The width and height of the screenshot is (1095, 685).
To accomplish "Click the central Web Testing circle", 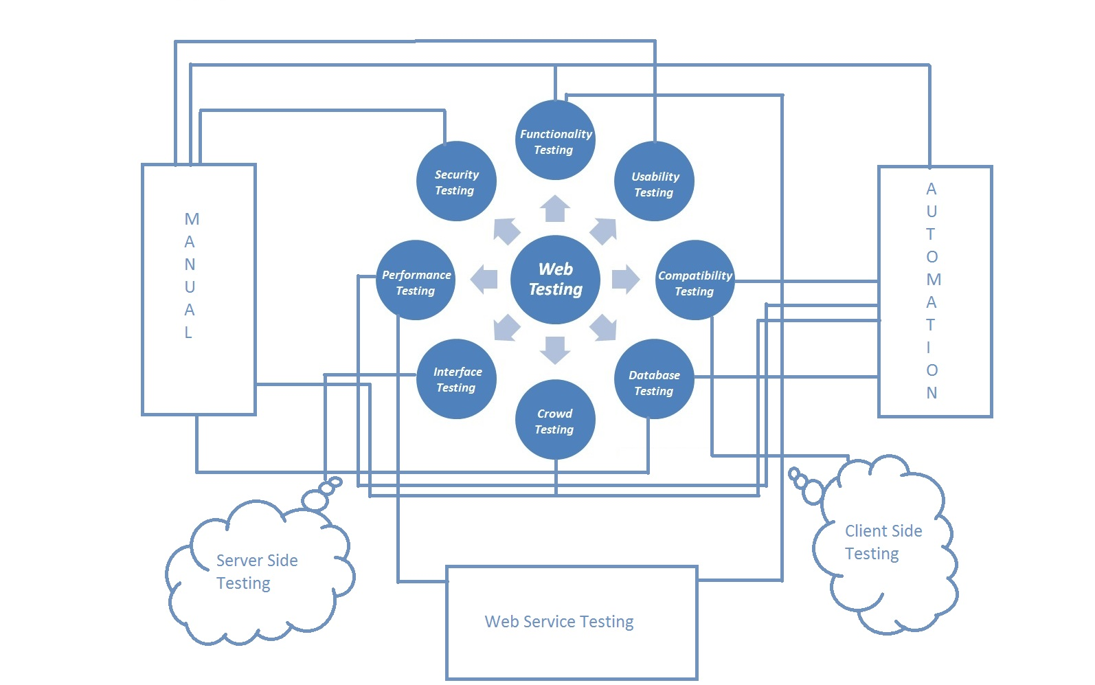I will click(555, 280).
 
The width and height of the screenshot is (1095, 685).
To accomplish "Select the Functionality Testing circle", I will click(555, 141).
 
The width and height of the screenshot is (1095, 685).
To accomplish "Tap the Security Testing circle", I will click(456, 182).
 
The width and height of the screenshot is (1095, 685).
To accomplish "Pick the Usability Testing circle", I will click(654, 183).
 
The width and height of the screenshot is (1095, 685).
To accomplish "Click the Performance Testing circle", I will click(416, 281).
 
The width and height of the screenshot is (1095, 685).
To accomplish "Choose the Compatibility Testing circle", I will click(695, 281).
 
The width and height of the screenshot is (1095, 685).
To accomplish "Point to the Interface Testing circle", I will click(456, 379).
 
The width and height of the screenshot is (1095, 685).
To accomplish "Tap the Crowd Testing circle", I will click(555, 420).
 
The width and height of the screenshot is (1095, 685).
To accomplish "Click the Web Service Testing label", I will click(559, 622).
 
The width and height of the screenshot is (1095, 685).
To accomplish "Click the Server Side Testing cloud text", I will click(256, 572).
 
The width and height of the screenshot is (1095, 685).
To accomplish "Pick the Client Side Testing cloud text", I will click(882, 542).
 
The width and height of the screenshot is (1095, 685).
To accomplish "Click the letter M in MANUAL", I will click(192, 219).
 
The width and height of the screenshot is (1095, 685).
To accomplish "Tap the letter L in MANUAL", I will click(188, 333).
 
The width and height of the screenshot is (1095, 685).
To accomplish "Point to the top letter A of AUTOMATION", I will click(932, 189).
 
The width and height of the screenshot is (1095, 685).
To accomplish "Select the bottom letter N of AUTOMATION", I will click(932, 393).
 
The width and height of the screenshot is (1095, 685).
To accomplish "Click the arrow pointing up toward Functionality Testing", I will click(555, 209).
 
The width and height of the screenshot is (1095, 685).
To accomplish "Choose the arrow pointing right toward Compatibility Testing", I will click(624, 280).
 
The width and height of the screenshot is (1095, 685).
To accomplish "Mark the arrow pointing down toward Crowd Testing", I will click(555, 350).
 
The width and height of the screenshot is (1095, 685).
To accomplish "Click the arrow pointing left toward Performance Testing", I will click(485, 280).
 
